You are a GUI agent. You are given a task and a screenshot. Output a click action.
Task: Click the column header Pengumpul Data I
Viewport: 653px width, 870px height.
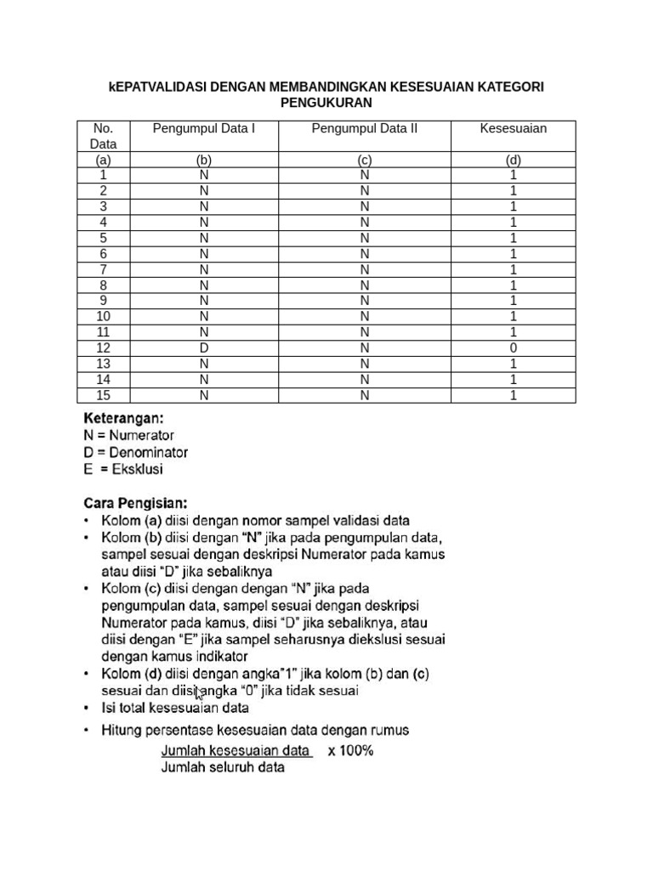coord(203,128)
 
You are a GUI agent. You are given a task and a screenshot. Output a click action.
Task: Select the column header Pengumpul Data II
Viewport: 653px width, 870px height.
coord(364,128)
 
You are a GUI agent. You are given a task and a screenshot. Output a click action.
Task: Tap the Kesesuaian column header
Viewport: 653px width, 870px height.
coord(513,128)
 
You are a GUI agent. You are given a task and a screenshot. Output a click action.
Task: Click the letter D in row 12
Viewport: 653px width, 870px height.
coord(203,348)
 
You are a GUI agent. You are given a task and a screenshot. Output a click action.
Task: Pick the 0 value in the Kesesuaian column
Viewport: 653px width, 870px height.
coord(513,348)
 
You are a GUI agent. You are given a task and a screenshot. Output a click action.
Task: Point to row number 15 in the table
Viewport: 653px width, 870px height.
coord(103,396)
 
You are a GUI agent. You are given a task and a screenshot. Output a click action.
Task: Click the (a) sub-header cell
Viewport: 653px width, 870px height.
coord(103,160)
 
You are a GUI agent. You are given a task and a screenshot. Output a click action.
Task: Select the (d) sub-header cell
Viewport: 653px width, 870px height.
coord(513,160)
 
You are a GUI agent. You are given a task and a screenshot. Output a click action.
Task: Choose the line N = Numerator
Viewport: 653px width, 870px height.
coord(128,435)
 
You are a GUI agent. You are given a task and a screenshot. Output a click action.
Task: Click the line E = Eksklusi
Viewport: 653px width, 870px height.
coord(122,469)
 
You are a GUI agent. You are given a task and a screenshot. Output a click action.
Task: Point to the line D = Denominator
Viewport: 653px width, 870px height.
coord(135,452)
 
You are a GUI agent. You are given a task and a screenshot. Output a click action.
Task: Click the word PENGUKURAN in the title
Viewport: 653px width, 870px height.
coord(326,103)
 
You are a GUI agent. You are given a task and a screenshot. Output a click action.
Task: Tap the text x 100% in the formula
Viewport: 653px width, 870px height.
coord(350,751)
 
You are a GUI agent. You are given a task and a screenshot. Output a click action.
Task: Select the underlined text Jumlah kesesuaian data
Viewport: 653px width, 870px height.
coord(236,751)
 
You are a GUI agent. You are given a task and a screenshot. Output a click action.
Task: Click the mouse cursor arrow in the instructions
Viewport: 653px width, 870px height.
coord(198,694)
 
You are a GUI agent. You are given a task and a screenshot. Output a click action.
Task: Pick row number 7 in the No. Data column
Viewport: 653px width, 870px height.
coord(103,269)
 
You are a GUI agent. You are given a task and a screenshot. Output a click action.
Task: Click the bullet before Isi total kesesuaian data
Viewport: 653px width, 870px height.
coord(88,708)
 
